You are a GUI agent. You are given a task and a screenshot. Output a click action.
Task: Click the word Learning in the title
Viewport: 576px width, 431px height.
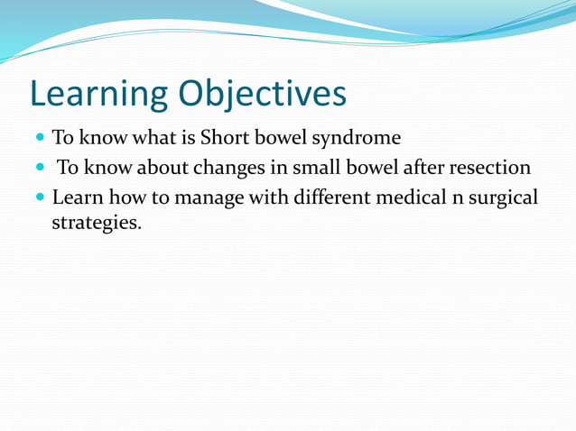point(97,94)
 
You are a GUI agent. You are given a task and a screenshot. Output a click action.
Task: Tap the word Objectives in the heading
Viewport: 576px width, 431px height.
point(261,94)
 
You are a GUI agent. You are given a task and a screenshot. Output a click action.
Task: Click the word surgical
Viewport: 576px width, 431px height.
point(504,197)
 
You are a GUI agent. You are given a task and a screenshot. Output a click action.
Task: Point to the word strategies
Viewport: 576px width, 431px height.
point(97,222)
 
